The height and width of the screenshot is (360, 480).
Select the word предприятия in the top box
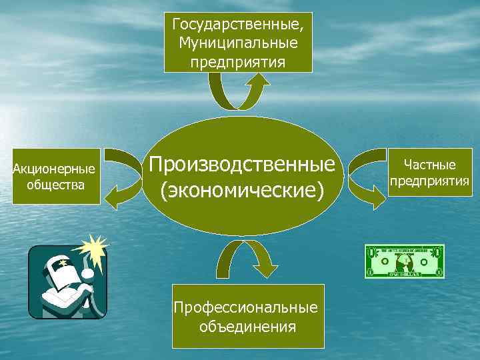(239, 62)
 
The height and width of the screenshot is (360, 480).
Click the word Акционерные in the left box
(54, 169)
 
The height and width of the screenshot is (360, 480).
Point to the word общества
(55, 184)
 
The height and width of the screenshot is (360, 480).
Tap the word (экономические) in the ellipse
(241, 191)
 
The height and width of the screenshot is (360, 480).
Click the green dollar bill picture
(404, 261)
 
